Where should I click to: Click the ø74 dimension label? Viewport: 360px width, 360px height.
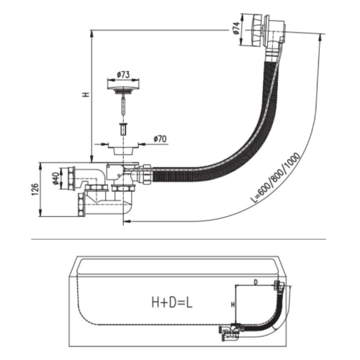pyautogui.click(x=236, y=28)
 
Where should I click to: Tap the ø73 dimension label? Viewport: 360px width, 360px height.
pyautogui.click(x=123, y=75)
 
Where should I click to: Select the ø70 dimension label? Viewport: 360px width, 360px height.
pyautogui.click(x=160, y=139)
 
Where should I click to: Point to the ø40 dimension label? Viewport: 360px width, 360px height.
pyautogui.click(x=56, y=179)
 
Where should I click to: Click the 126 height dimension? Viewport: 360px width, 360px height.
pyautogui.click(x=35, y=189)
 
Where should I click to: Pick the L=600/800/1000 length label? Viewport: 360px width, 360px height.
pyautogui.click(x=275, y=178)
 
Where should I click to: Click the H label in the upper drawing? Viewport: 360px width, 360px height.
pyautogui.click(x=86, y=94)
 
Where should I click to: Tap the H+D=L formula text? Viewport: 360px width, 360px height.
pyautogui.click(x=172, y=302)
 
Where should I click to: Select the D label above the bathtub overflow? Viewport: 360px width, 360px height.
pyautogui.click(x=256, y=282)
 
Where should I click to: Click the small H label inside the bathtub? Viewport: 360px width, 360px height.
pyautogui.click(x=233, y=305)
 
